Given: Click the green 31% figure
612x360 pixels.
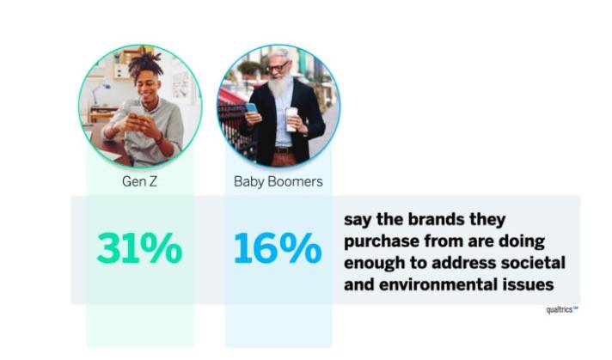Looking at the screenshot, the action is click(x=139, y=248).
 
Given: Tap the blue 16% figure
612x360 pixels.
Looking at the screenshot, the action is click(x=278, y=248).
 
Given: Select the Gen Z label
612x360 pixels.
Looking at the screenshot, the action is click(x=139, y=181).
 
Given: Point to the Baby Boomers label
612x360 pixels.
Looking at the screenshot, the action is click(x=278, y=181).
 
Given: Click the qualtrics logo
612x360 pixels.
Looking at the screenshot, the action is click(x=562, y=309).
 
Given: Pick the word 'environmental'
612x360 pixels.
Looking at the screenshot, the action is click(x=435, y=284).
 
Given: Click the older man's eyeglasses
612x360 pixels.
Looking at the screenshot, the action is click(x=278, y=67).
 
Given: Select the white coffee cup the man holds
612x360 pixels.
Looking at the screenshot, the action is click(x=291, y=119).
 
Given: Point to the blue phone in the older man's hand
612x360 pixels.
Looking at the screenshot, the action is click(x=252, y=108).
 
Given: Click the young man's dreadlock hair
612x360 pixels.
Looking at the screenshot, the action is click(x=145, y=64).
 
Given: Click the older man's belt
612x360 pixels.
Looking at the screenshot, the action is click(x=284, y=150).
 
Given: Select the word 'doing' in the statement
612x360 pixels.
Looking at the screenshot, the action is click(x=522, y=241).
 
